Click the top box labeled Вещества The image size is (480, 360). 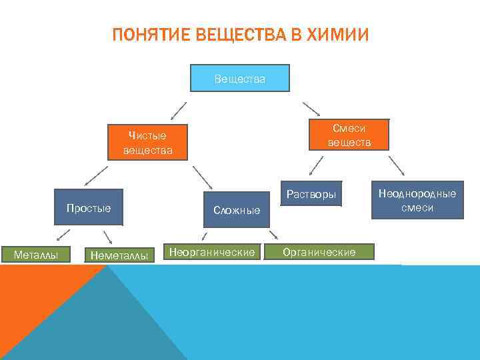(240, 78)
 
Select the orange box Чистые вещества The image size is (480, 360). (147, 143)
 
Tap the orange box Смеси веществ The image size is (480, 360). (349, 135)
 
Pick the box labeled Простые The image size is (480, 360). (89, 208)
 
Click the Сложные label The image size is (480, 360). (237, 210)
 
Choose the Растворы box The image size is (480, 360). (311, 195)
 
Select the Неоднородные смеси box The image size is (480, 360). (417, 200)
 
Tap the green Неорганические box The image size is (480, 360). (212, 252)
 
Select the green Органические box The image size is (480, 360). (319, 251)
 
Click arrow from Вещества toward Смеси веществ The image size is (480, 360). (311, 109)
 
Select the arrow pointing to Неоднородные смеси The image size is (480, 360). (396, 166)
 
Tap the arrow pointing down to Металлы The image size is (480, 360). (63, 235)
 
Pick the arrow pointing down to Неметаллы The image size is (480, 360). (107, 237)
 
